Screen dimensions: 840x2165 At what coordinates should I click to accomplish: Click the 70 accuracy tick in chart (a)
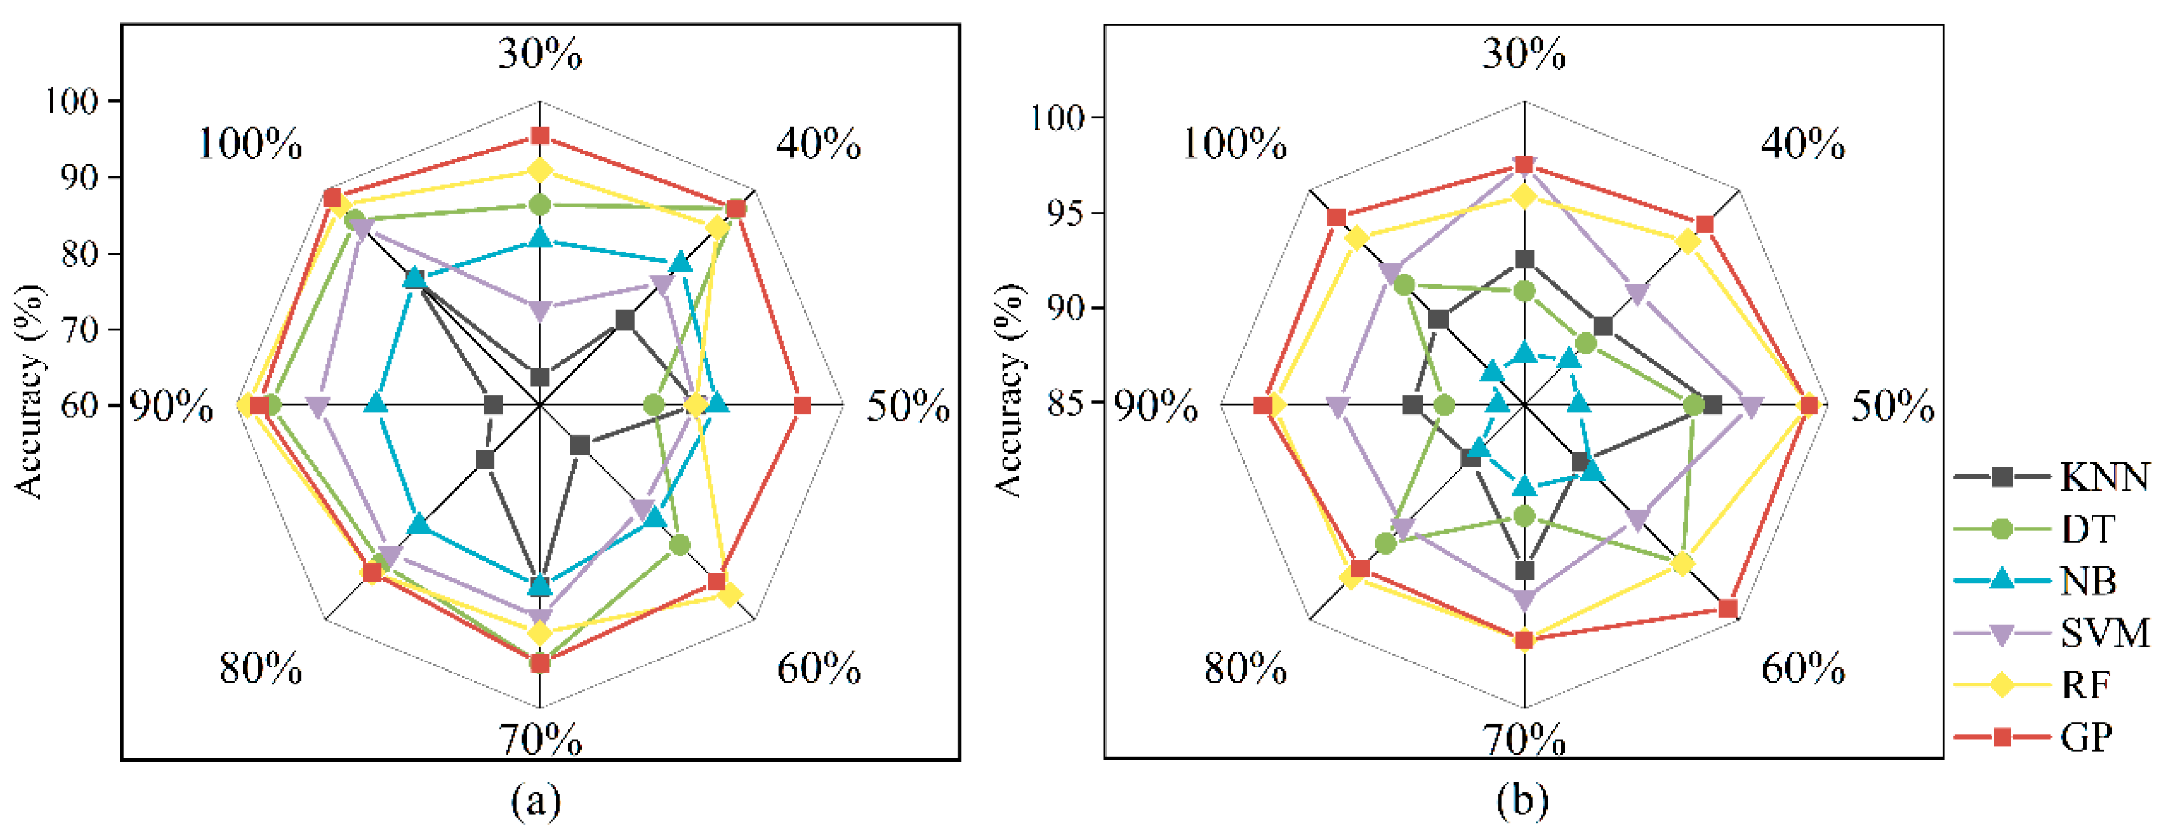click(x=80, y=329)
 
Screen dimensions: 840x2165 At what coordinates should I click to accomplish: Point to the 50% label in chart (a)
click(x=908, y=406)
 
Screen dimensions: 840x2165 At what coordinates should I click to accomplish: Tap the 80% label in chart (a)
click(x=260, y=669)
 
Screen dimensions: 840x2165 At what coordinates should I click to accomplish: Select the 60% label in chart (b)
click(x=1803, y=669)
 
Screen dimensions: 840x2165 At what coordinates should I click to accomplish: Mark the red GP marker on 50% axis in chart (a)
click(x=802, y=406)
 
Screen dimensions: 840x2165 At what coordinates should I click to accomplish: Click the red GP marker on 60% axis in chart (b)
click(x=1728, y=609)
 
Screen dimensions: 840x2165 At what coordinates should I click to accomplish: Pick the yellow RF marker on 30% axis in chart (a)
click(x=540, y=171)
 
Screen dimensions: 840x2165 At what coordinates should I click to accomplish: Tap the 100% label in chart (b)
click(x=1235, y=145)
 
